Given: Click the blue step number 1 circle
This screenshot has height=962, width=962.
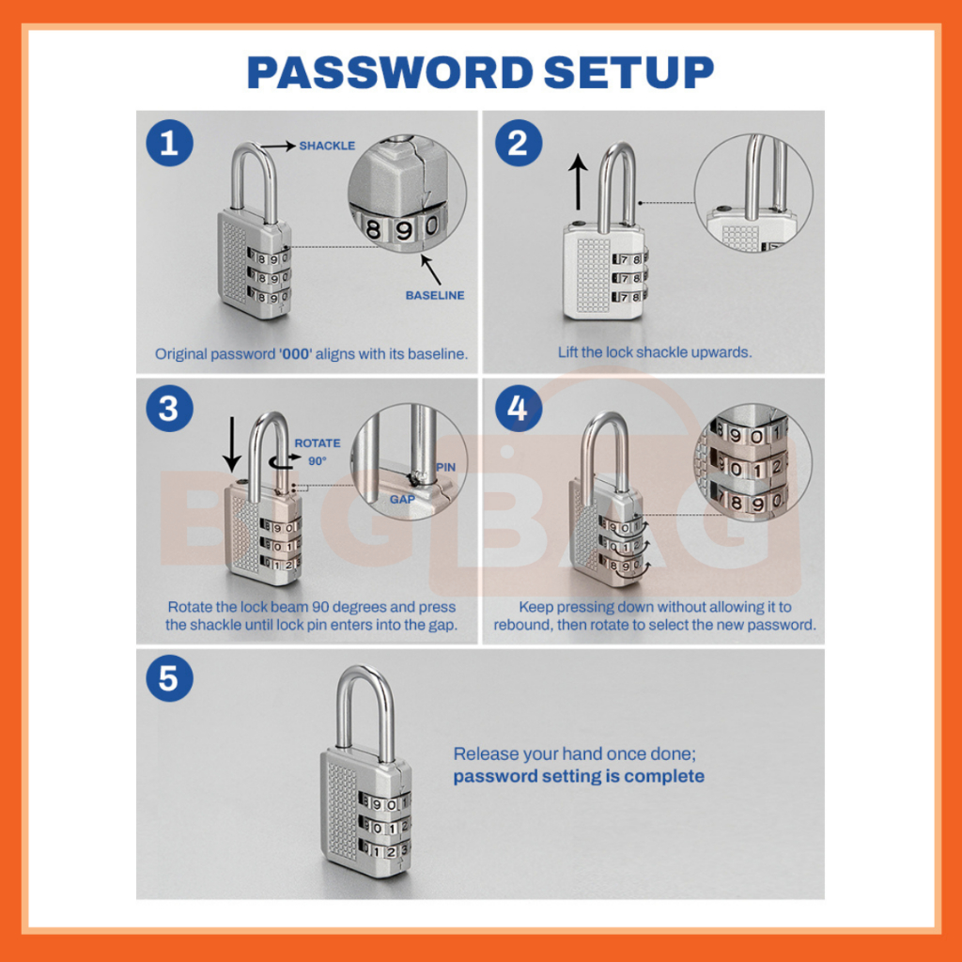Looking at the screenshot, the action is [169, 143].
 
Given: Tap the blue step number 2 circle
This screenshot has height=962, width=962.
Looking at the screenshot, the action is [519, 143].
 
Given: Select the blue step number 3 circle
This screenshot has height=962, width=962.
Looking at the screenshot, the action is [169, 409].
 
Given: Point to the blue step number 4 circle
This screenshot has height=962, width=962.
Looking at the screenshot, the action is [519, 409].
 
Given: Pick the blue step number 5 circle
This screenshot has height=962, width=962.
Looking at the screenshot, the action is [169, 678].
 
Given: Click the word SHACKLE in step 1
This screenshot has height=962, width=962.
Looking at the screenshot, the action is [327, 146].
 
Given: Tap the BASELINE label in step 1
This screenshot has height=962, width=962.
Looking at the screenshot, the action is [435, 296].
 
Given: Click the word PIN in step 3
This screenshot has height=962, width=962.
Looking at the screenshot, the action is [446, 468].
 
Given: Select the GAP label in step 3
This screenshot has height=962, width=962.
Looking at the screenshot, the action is [402, 500].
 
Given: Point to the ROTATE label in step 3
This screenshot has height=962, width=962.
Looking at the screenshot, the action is [318, 443].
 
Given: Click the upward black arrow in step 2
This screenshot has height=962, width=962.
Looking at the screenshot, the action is [578, 182].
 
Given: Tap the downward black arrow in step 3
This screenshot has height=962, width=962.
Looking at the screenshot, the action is [232, 444].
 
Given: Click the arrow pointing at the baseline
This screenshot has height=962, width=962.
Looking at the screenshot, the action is [431, 270].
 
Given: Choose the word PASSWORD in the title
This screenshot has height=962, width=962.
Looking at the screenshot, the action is [390, 72].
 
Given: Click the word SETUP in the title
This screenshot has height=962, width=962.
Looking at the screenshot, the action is [628, 72].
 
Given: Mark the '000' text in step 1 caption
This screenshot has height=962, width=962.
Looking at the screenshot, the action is [295, 354].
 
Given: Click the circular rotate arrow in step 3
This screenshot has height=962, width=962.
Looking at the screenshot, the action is [285, 462].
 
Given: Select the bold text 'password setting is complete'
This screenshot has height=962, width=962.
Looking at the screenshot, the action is [579, 777].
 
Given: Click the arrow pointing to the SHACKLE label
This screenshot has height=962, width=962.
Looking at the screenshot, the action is [278, 146].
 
